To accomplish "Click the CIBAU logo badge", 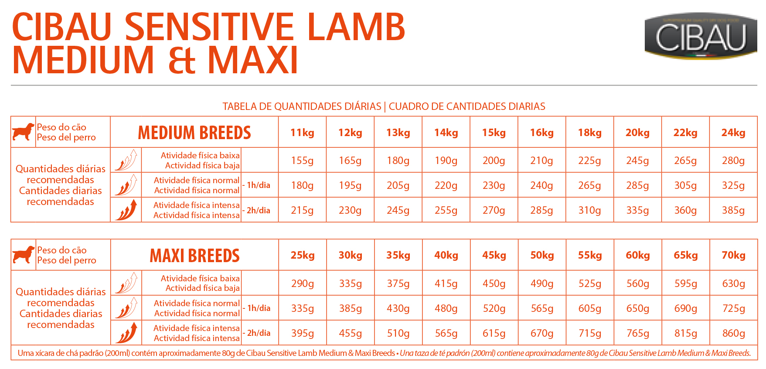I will point(701,36).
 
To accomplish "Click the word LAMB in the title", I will point(356,27).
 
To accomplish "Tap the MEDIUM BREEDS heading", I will point(194,133).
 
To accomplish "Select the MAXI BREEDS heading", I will point(194,256).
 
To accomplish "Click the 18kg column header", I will point(589,133).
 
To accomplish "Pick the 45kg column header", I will point(494,256).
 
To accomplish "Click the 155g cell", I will point(302,161).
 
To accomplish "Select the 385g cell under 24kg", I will point(733,210).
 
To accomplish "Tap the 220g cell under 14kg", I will point(446,185).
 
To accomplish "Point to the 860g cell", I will point(733,333).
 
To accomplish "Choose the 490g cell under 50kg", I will point(542,284).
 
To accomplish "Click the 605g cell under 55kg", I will point(590,308).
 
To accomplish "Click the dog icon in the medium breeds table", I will point(24,132).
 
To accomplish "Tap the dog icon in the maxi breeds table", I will point(24,255).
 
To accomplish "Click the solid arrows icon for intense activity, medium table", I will point(126,210).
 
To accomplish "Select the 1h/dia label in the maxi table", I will point(259,308).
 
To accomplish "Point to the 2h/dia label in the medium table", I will point(259,210).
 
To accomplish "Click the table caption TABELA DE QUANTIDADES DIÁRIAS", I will point(302,106).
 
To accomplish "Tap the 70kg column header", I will point(733,256).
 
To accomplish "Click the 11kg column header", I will point(302,133).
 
